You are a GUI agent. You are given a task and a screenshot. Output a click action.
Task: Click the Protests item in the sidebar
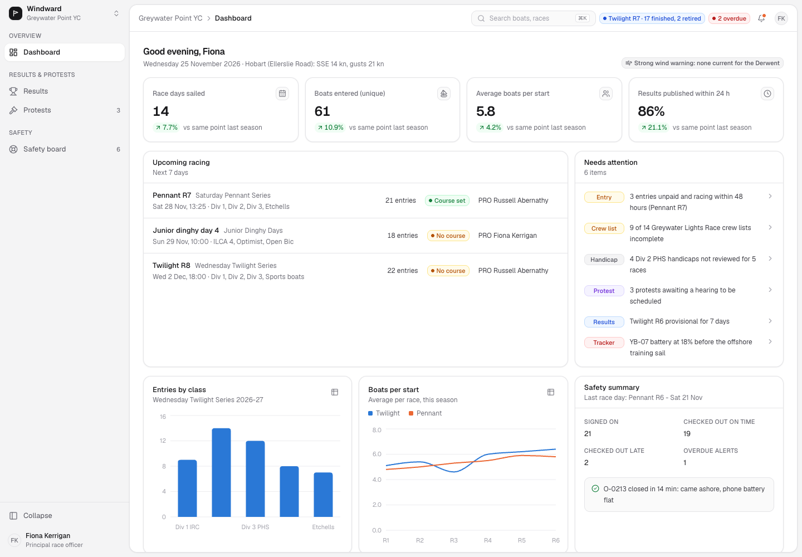[x=65, y=110]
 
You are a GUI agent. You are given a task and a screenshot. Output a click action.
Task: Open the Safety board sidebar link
[x=65, y=149]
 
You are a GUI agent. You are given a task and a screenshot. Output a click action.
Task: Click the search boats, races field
[x=533, y=18]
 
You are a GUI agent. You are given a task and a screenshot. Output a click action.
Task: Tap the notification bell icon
[x=761, y=18]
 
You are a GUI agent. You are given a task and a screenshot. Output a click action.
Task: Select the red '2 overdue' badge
[x=729, y=18]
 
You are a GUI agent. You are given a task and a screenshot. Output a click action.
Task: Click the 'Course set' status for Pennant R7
[x=447, y=201]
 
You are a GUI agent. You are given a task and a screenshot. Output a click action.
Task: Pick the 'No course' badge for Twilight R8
[x=448, y=271]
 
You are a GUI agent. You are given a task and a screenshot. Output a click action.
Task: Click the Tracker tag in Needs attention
[x=604, y=343]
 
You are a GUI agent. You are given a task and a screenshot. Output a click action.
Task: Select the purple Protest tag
[x=604, y=291]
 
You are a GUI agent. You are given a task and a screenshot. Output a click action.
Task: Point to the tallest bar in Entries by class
[x=221, y=472]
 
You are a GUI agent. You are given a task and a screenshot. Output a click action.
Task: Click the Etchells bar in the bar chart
[x=323, y=495]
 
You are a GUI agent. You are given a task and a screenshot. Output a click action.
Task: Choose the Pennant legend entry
[x=425, y=413]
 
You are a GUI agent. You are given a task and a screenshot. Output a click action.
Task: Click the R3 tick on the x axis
[x=453, y=540]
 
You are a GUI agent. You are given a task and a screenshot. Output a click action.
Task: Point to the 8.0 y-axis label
[x=376, y=429]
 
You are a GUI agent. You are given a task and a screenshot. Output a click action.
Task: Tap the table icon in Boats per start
[x=551, y=392]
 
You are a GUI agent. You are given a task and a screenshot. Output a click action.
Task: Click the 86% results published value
[x=651, y=111]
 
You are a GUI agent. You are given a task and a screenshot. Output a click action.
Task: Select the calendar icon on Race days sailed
[x=282, y=94]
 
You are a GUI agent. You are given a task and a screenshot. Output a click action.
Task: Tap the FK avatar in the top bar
[x=781, y=18]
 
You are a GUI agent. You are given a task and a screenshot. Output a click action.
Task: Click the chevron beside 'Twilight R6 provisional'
[x=770, y=321]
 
